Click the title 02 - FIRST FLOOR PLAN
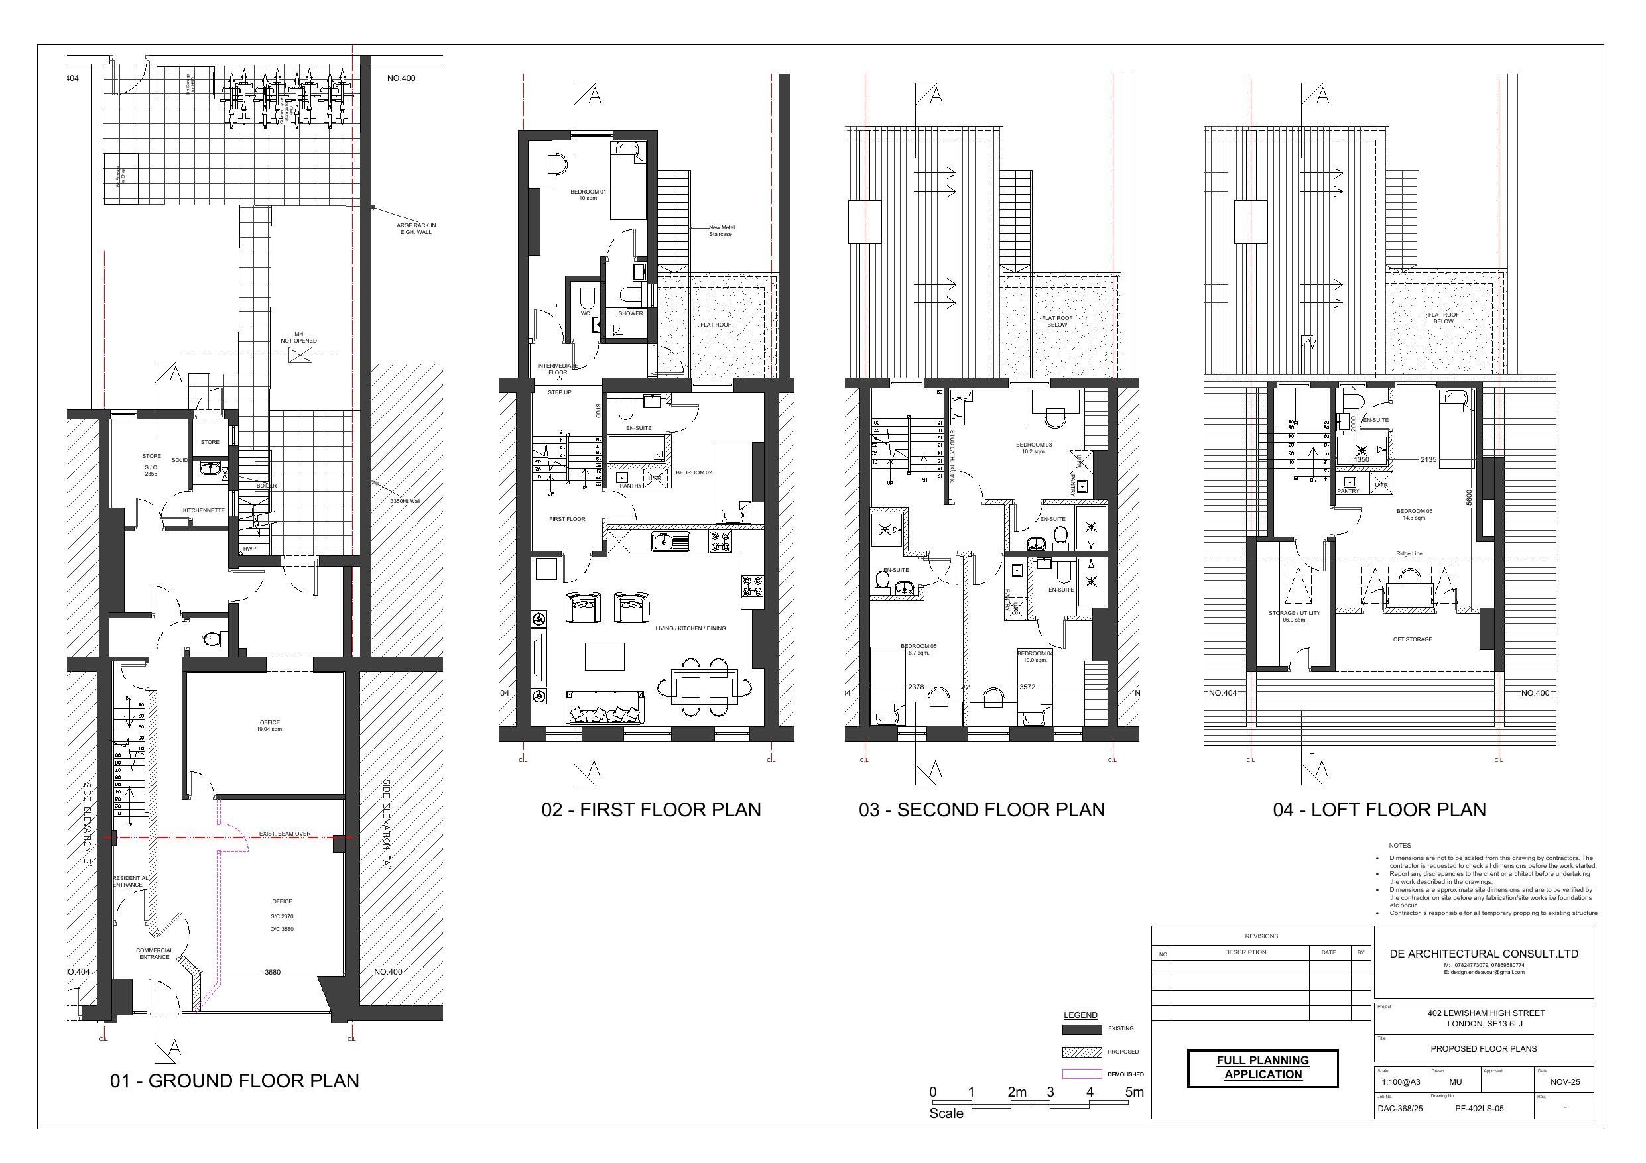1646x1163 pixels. pos(651,810)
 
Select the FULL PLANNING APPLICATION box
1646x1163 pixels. pos(1263,1068)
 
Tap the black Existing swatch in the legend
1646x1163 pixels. pos(1081,1030)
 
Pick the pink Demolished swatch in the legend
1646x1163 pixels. pos(1081,1074)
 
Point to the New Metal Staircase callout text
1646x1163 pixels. pos(721,231)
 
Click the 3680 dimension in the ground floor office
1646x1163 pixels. pos(273,973)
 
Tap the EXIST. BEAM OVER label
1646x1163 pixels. pos(285,834)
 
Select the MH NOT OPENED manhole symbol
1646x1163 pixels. pos(298,355)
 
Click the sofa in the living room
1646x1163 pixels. pos(604,707)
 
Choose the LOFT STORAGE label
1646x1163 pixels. pos(1410,640)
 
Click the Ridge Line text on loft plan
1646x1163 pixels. pos(1409,554)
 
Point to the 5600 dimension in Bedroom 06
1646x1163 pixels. pos(1468,498)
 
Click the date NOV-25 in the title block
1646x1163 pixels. pos(1564,1083)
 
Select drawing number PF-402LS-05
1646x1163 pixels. pos(1479,1109)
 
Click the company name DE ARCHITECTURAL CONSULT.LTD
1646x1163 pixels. pos(1484,954)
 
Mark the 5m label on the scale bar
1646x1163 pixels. pos(1134,1093)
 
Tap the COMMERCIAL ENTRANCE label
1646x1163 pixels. pos(154,954)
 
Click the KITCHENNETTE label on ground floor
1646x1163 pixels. pos(204,511)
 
